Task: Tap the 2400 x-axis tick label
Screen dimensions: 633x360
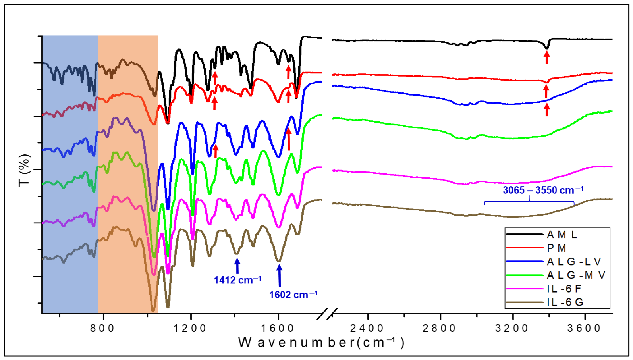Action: [367, 328]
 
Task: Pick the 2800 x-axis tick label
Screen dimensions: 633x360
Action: [440, 328]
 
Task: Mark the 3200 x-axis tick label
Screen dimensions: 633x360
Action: [512, 328]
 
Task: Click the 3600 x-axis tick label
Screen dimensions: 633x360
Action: [585, 328]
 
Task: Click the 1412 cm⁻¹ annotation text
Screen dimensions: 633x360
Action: [237, 280]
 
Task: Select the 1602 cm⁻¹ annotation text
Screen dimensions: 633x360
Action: [293, 295]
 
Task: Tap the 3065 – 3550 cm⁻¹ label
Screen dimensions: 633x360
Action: [543, 190]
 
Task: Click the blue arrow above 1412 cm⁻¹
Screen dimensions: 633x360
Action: [237, 266]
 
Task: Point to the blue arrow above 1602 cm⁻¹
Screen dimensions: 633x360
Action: [280, 274]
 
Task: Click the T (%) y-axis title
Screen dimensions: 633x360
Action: [24, 170]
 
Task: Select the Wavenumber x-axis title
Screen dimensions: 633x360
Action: [322, 343]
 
